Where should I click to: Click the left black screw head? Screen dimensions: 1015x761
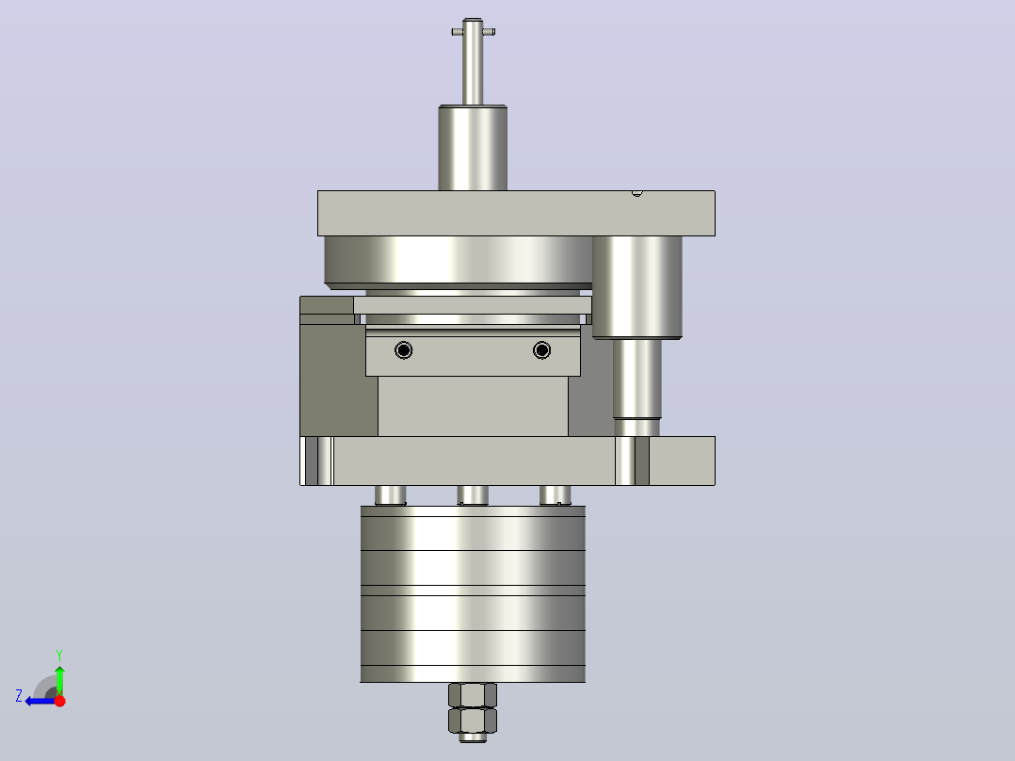[x=403, y=350]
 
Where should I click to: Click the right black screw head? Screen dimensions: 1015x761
[x=541, y=350]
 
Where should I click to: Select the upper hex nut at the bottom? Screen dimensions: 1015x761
[x=473, y=695]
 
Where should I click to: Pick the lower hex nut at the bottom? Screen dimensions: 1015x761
[x=473, y=720]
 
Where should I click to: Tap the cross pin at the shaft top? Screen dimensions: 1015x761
[x=474, y=32]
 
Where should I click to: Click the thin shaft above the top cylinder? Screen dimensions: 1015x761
[x=473, y=61]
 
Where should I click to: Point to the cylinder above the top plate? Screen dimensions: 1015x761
[x=473, y=148]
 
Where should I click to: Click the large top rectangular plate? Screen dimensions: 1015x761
[x=516, y=213]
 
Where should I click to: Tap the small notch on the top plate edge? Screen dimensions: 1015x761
[x=636, y=193]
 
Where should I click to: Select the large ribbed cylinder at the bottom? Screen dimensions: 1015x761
[x=473, y=594]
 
